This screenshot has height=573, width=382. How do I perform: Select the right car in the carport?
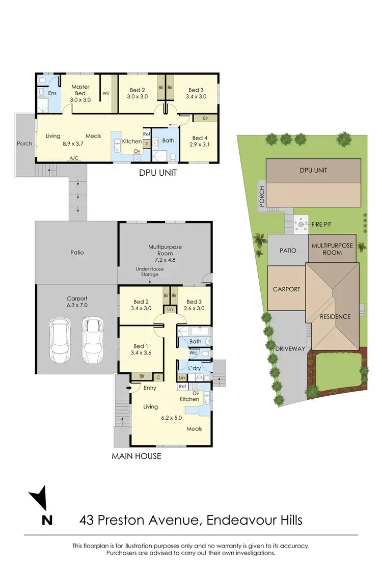[93, 338]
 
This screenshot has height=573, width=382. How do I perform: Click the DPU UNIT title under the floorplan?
[158, 173]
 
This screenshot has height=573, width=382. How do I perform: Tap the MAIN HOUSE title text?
[136, 456]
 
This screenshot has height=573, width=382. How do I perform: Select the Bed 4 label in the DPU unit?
[199, 138]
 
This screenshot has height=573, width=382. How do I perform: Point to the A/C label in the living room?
[74, 158]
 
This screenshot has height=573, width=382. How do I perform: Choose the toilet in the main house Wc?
[205, 352]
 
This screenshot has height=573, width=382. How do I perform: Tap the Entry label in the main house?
[150, 388]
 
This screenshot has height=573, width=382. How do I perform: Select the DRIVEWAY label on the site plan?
[289, 349]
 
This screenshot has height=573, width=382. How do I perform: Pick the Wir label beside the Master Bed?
[106, 93]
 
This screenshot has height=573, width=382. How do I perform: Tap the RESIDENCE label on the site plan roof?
[335, 316]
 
